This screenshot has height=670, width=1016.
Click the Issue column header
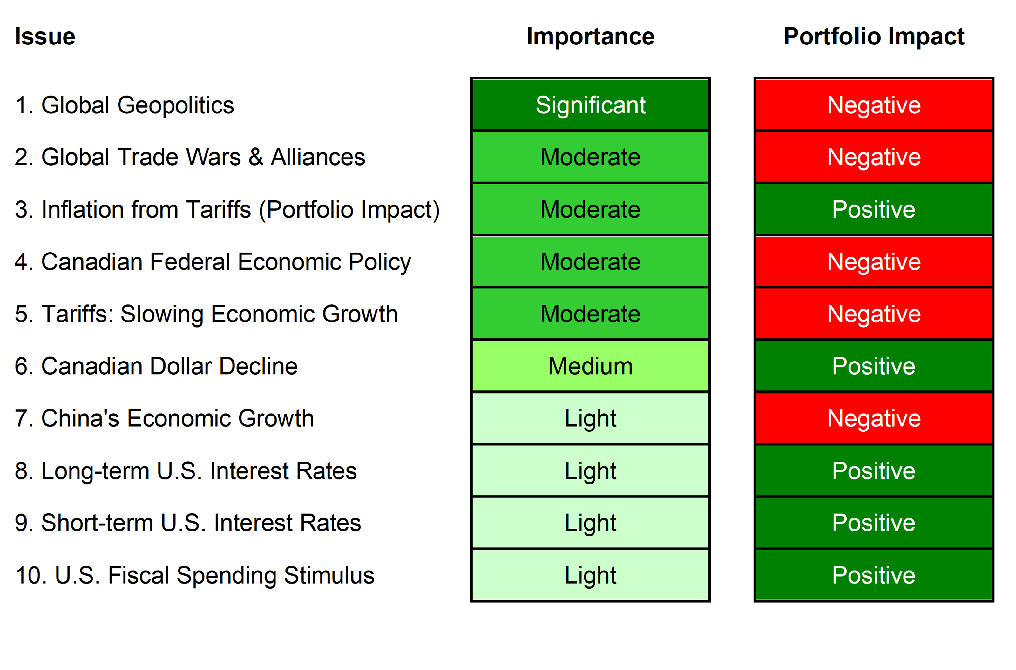[45, 37]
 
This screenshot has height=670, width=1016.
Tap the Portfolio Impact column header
[874, 37]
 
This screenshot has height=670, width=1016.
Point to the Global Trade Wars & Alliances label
[190, 157]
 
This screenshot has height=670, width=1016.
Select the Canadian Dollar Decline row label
[156, 366]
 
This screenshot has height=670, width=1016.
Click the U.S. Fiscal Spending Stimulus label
[194, 575]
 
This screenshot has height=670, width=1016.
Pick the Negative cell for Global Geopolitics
[874, 105]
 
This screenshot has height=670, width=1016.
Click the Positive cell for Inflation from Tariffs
[874, 209]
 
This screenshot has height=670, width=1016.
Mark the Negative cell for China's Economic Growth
[874, 418]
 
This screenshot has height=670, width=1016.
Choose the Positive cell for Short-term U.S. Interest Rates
[874, 523]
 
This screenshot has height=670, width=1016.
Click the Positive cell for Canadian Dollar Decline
[874, 366]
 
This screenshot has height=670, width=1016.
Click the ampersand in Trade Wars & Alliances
[255, 157]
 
